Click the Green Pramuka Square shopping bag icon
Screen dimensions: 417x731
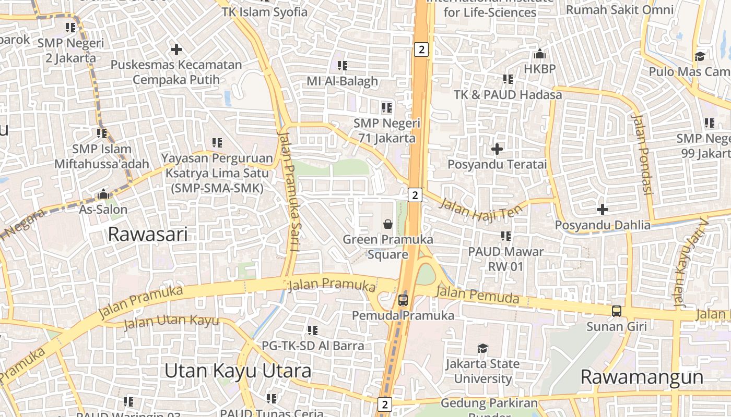pos(388,224)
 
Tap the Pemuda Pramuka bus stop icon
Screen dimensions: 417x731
pos(403,300)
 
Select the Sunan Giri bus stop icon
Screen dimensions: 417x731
pos(617,311)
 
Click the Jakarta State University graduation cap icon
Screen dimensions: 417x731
pos(483,348)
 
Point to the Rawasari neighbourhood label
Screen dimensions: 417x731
pos(148,235)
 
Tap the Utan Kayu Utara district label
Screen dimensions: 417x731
pos(238,371)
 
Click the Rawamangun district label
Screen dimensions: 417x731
pos(642,377)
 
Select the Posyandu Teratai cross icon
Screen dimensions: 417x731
pos(497,149)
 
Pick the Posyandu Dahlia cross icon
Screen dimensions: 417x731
pos(603,210)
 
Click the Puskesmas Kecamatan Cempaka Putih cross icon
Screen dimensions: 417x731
pos(176,50)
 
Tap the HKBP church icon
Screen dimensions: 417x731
pos(540,54)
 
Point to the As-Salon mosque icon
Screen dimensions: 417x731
pos(103,194)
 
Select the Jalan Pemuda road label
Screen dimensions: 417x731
pos(477,295)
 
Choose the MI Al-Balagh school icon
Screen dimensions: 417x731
pos(343,66)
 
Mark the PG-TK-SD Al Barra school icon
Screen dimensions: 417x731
pos(313,330)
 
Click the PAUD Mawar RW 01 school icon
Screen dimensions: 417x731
pos(505,236)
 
